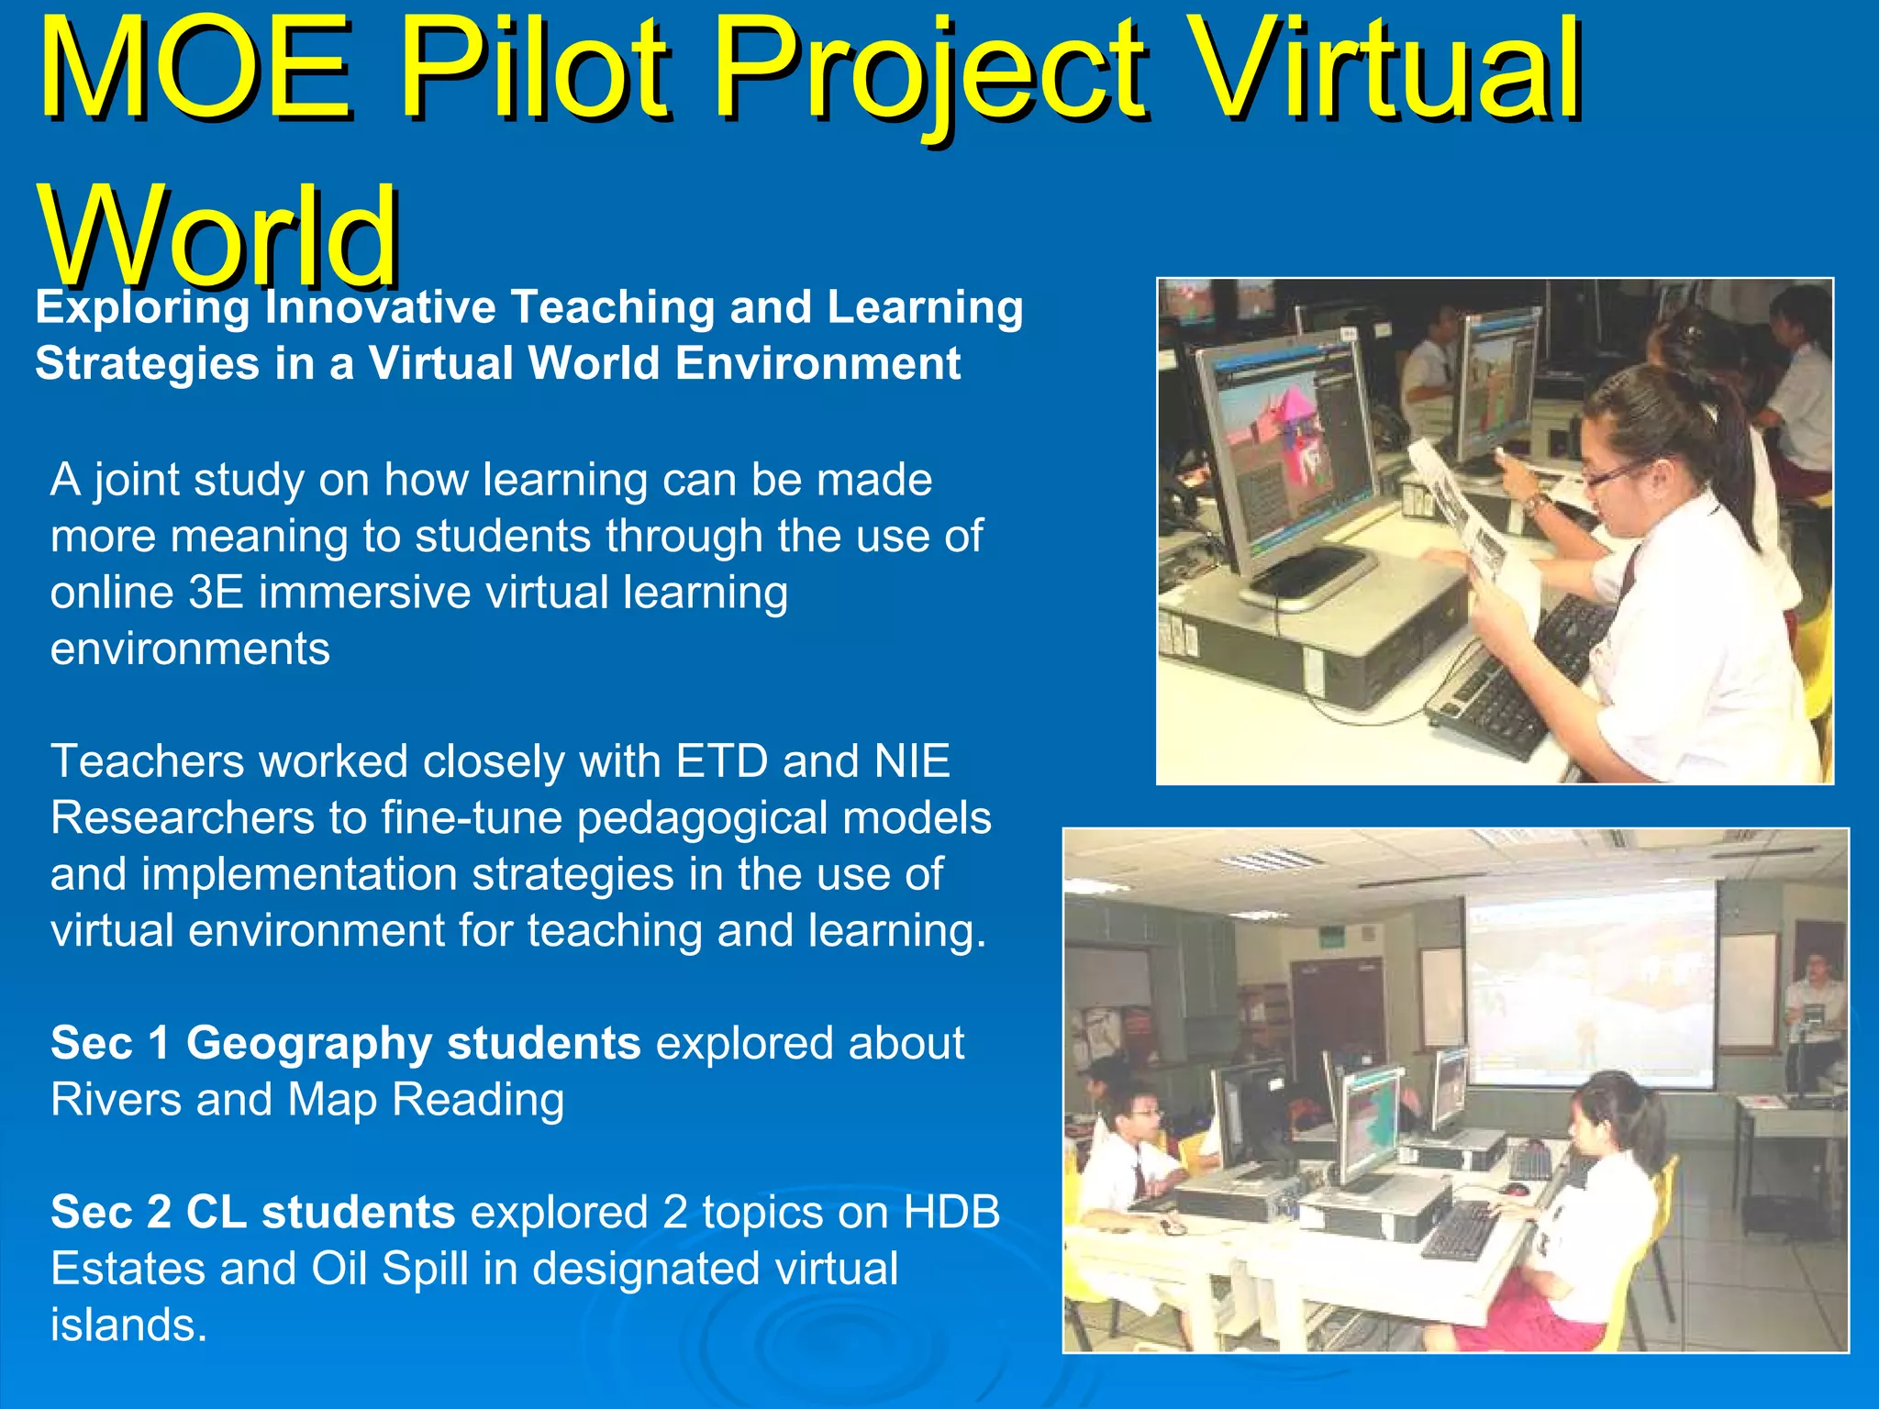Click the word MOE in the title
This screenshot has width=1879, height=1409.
pyautogui.click(x=195, y=72)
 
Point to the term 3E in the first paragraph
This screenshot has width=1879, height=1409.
pyautogui.click(x=216, y=593)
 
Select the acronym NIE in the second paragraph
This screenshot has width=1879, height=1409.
pyautogui.click(x=912, y=761)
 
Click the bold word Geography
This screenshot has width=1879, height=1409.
pyautogui.click(x=308, y=1044)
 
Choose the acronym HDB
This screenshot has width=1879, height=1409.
pyautogui.click(x=951, y=1213)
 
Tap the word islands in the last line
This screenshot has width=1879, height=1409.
pyautogui.click(x=128, y=1326)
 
